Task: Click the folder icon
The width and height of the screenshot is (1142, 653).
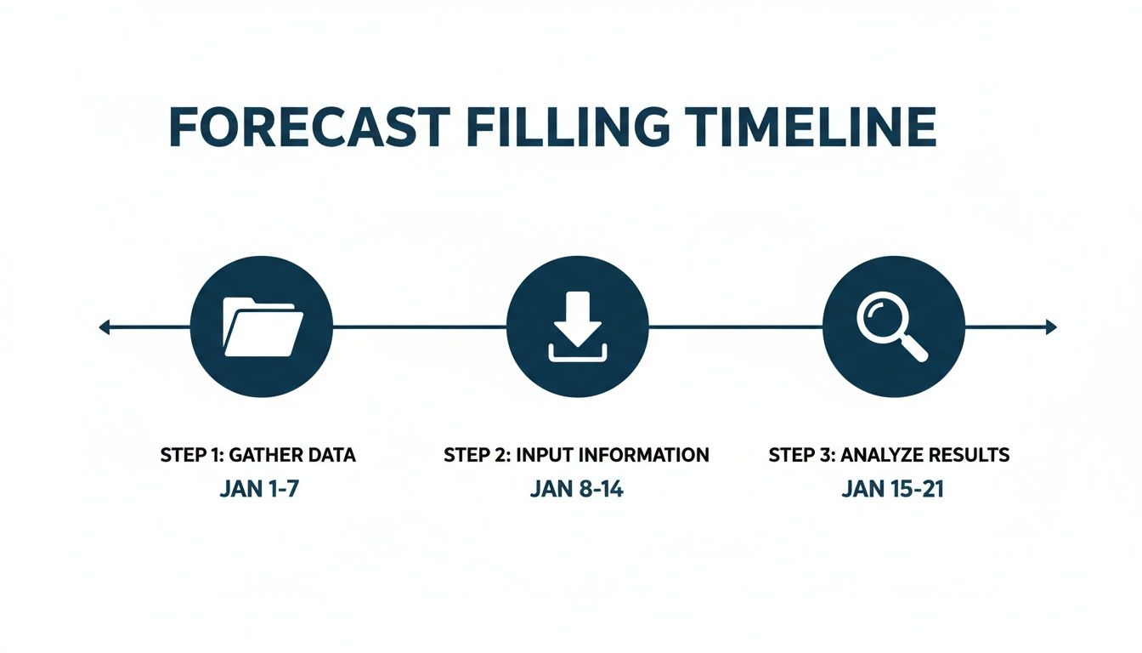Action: [x=262, y=326]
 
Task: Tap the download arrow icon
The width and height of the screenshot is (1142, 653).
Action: [x=577, y=326]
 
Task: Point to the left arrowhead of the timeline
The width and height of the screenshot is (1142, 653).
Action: [x=105, y=326]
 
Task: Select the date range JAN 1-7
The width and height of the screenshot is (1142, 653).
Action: [x=258, y=491]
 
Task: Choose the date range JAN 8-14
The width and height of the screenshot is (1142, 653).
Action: [x=576, y=491]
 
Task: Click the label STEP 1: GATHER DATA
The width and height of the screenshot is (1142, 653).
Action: [x=258, y=455]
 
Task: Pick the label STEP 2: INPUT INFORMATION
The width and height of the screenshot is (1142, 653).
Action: [x=576, y=455]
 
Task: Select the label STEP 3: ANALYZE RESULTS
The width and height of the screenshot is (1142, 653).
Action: [x=889, y=455]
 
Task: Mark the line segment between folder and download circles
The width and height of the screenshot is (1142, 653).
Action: [x=420, y=326]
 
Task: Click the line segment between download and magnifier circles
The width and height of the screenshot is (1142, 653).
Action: [x=735, y=326]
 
